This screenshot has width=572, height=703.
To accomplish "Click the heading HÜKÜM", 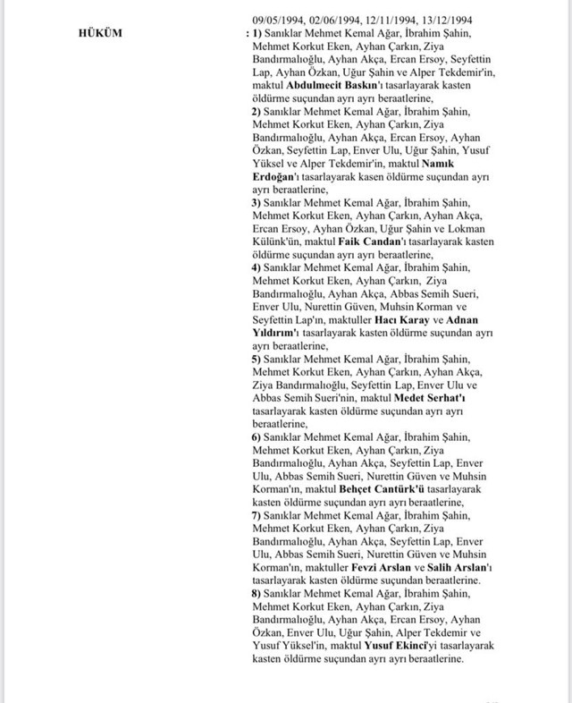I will pos(101,33).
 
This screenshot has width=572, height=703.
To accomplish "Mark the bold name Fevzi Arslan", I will pos(380,568).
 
